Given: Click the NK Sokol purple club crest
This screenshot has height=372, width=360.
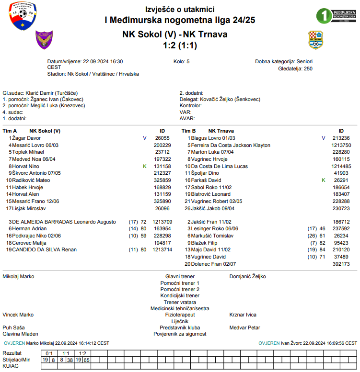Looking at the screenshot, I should (43, 40).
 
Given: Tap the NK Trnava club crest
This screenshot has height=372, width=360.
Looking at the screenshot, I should (315, 40).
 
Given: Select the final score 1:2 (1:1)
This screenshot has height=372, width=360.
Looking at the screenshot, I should (180, 45).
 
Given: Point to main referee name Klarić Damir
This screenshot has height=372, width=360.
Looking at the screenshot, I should (46, 93).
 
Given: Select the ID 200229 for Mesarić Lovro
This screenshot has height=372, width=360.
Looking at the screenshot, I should (162, 145).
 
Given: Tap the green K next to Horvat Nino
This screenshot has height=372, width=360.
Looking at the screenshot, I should (144, 166).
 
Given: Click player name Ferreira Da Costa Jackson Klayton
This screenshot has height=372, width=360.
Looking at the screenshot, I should (231, 145).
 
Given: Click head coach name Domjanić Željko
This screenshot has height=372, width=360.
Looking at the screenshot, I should (247, 276).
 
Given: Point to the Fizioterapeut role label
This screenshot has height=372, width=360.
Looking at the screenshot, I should (180, 315).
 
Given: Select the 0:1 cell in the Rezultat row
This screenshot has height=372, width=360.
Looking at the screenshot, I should (49, 353).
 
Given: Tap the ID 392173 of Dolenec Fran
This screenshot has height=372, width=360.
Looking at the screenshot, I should (341, 264).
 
